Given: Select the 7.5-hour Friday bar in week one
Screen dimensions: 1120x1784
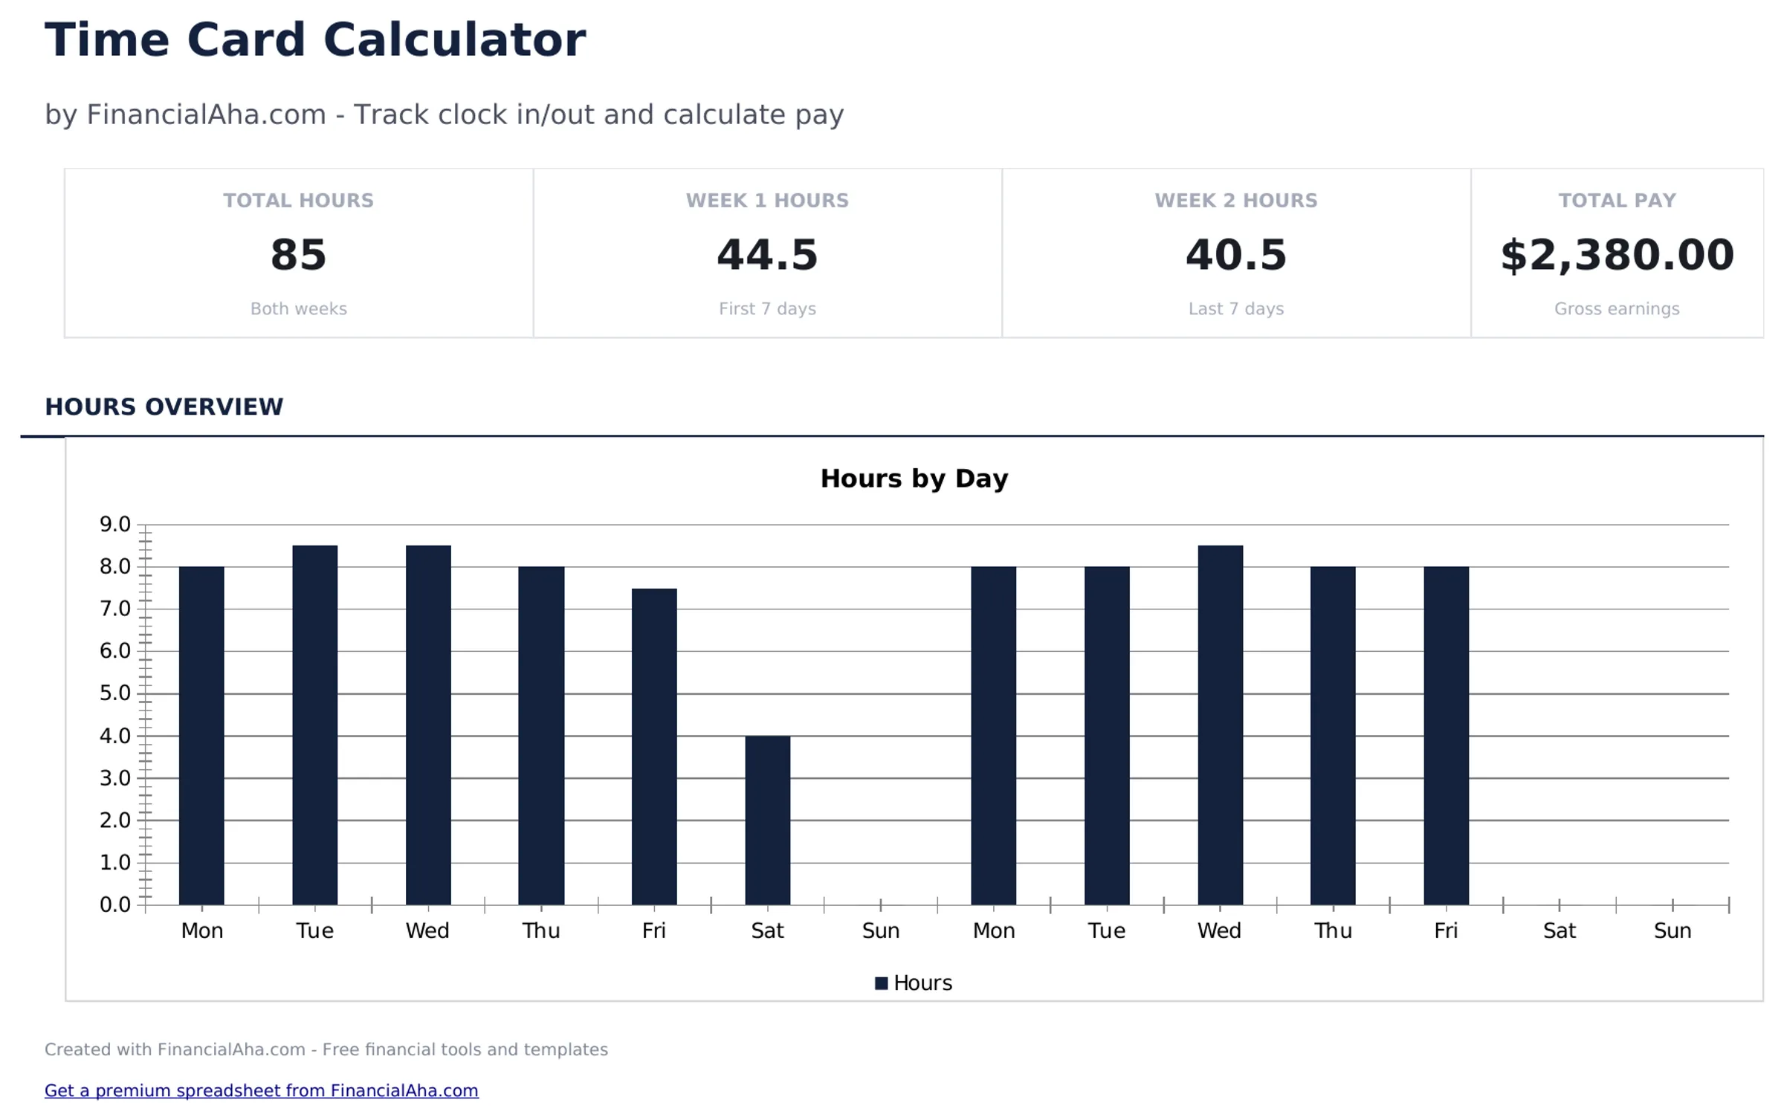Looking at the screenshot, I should [654, 746].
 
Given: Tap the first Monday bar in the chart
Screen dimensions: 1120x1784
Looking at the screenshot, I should [201, 735].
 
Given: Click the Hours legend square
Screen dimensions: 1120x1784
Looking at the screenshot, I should [881, 983].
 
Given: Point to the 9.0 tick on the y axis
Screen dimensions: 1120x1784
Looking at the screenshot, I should [115, 525].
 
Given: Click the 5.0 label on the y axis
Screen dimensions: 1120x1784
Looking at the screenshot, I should [115, 693].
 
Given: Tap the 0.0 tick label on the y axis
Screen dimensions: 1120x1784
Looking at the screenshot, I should [115, 904].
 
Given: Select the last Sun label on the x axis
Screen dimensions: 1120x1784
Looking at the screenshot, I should [1672, 930].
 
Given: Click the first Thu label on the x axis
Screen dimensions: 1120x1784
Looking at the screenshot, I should [540, 930].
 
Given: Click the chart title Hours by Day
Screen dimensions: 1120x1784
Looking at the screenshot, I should [914, 479].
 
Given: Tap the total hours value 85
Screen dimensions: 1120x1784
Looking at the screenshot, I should [298, 255].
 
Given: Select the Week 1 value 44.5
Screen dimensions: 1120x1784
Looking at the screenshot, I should [767, 255].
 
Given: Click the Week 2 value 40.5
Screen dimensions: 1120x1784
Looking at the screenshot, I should [1235, 255].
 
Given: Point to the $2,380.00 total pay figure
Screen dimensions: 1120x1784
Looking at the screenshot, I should [1617, 255].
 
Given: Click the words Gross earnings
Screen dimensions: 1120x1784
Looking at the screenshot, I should [1617, 308].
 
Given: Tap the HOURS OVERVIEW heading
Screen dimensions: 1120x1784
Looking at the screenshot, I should [164, 407].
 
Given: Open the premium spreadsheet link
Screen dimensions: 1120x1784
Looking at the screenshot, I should [261, 1090].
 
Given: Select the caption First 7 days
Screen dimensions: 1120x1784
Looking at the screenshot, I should [767, 308].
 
